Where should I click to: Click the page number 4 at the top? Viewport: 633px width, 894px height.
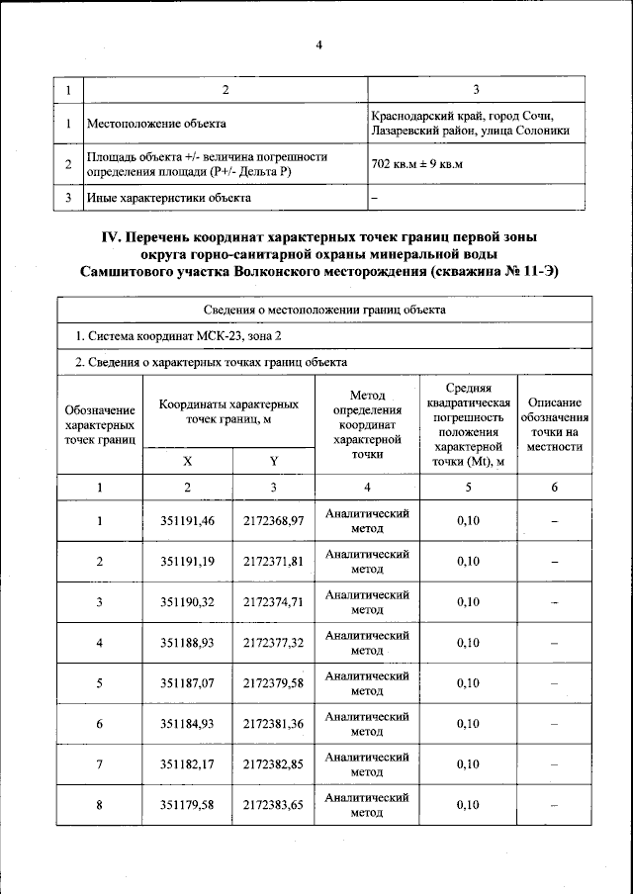[x=319, y=45]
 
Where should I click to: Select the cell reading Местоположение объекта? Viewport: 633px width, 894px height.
[x=156, y=125]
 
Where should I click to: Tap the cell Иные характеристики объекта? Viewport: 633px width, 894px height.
[x=168, y=198]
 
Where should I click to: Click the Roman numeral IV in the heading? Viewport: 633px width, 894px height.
[x=113, y=236]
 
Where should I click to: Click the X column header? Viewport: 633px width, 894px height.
[x=188, y=462]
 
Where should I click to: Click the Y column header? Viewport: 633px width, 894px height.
[x=273, y=462]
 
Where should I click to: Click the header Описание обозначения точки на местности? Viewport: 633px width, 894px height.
[x=554, y=425]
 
